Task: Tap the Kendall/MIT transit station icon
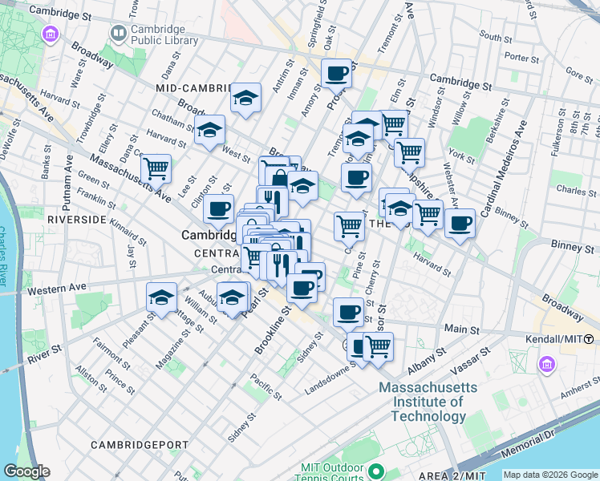pyautogui.click(x=590, y=340)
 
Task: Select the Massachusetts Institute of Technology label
pyautogui.click(x=422, y=402)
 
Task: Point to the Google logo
pyautogui.click(x=26, y=471)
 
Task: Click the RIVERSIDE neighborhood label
pyautogui.click(x=77, y=219)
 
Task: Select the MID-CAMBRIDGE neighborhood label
pyautogui.click(x=195, y=87)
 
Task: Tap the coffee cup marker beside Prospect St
pyautogui.click(x=337, y=74)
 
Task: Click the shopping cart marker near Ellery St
pyautogui.click(x=156, y=168)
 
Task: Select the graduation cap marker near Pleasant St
pyautogui.click(x=161, y=297)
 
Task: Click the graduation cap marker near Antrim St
pyautogui.click(x=245, y=99)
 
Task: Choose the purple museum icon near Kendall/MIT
pyautogui.click(x=548, y=365)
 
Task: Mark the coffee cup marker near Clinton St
pyautogui.click(x=218, y=209)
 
